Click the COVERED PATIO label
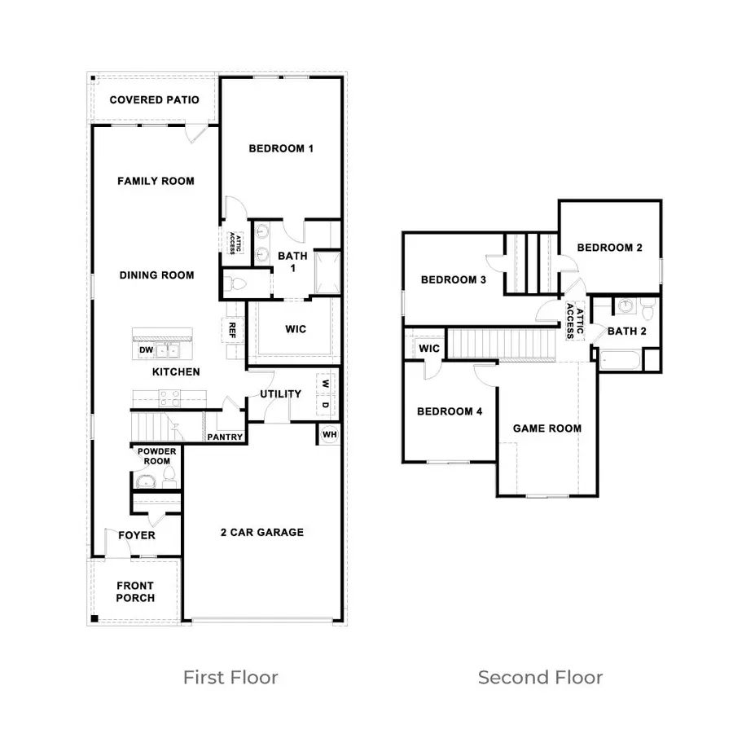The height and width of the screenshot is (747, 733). coord(154,100)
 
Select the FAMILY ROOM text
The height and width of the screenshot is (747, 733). coord(156,181)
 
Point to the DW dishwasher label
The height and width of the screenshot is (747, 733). coord(147,350)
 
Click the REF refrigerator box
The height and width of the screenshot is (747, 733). coord(232,330)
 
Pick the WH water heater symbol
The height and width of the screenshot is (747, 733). coord(330,434)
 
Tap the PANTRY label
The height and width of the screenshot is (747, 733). coord(225,437)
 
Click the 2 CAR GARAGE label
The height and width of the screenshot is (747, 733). coord(262,533)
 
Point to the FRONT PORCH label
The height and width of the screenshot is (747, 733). coord(135,591)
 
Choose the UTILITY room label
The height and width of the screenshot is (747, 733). coord(281,394)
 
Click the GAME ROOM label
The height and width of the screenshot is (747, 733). coord(547,428)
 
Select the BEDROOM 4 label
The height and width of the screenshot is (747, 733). coord(450,412)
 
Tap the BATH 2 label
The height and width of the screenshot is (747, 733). coord(626,331)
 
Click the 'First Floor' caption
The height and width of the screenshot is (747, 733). coord(230,677)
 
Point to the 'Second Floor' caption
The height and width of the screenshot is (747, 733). coord(540,677)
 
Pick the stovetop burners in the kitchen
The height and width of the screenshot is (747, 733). coord(169,398)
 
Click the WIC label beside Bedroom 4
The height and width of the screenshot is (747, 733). coord(429,349)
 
